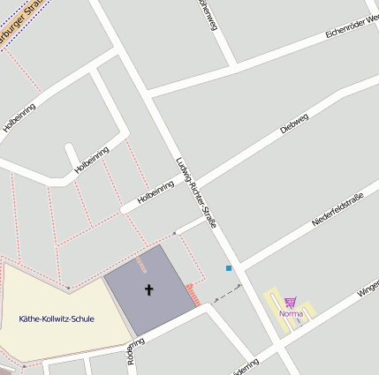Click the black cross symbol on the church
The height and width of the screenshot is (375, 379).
[x=148, y=289]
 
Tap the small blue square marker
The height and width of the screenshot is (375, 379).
[x=229, y=267]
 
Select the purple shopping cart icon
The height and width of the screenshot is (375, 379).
[x=290, y=302]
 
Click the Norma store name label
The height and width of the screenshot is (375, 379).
[x=291, y=313]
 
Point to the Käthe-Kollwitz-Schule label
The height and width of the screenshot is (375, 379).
[x=57, y=319]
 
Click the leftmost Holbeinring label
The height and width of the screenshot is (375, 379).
[x=19, y=117]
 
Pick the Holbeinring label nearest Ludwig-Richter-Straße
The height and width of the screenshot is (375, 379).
[x=155, y=193]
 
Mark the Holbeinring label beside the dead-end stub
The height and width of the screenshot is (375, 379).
[x=92, y=160]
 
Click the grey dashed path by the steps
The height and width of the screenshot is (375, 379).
[x=224, y=290]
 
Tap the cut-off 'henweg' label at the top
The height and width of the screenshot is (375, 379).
[x=208, y=15]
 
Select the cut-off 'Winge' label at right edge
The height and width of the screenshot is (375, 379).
[x=367, y=286]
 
